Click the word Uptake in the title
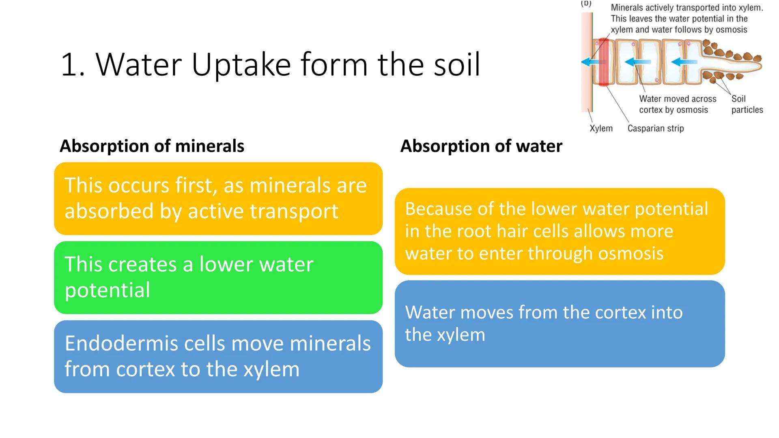(241, 65)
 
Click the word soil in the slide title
(457, 65)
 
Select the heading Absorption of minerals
(152, 146)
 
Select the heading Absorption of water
(481, 146)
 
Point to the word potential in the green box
(107, 290)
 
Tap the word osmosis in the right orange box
(631, 253)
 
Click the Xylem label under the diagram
(601, 129)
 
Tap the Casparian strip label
(655, 129)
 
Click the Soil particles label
(747, 104)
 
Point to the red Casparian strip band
(603, 62)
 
